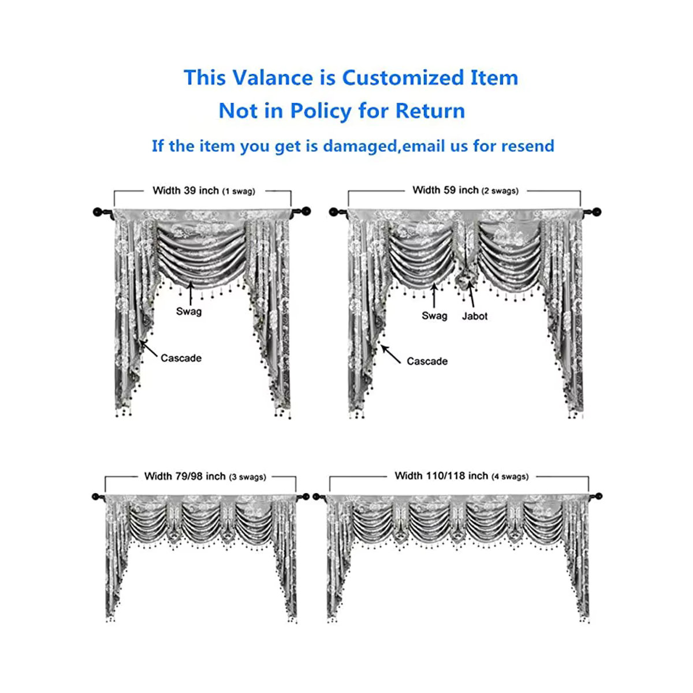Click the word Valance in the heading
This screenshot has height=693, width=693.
(x=273, y=77)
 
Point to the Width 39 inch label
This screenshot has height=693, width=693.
(x=185, y=190)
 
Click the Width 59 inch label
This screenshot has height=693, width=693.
(x=445, y=190)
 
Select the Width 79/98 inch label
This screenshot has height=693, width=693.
(x=185, y=476)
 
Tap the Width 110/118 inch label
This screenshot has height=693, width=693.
(x=441, y=476)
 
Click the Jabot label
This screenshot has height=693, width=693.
(x=475, y=316)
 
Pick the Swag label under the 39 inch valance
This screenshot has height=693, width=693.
(x=189, y=311)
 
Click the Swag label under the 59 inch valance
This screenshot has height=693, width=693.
(x=434, y=316)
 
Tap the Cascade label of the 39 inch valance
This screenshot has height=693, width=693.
(x=181, y=358)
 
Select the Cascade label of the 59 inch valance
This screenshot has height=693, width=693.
(x=427, y=361)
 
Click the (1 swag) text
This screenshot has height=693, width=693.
(x=239, y=191)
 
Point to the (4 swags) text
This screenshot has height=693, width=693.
(x=510, y=477)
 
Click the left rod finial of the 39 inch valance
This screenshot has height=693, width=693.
(x=98, y=212)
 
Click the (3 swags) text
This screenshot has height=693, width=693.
(x=247, y=477)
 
